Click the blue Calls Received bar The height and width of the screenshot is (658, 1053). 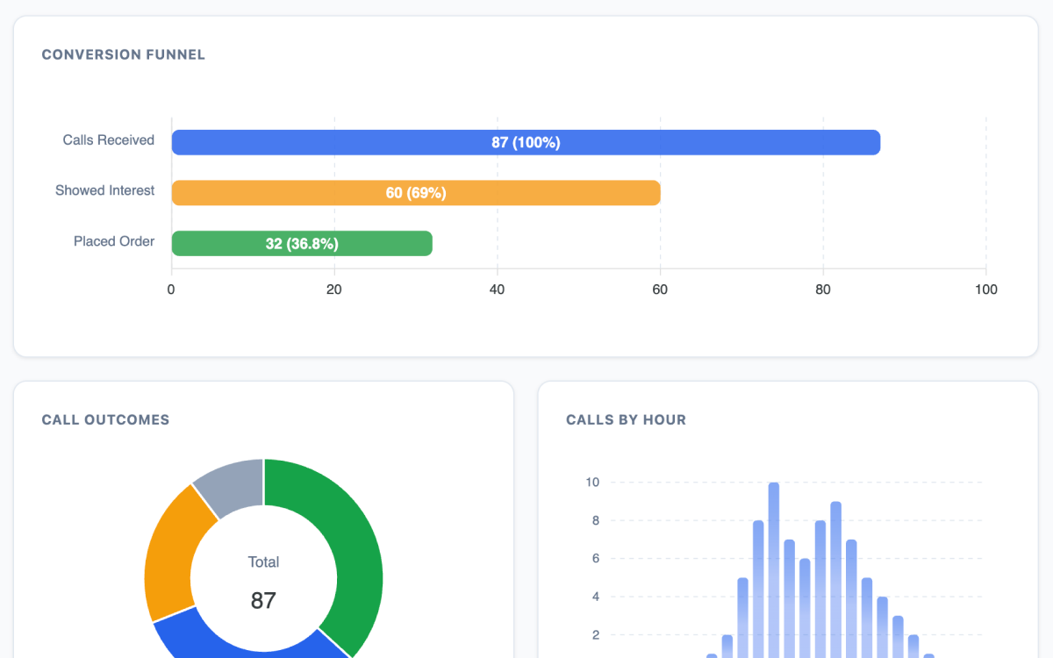point(526,142)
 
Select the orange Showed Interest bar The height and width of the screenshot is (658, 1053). point(416,193)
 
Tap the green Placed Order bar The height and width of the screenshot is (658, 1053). point(302,244)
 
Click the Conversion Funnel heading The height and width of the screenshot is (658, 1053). point(124,54)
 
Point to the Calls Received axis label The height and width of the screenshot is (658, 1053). point(108,140)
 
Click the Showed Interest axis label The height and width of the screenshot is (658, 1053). point(104,190)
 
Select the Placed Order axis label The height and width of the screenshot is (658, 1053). point(114,241)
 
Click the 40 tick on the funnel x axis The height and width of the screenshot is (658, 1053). point(497,290)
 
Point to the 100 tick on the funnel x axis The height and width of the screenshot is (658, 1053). point(985,290)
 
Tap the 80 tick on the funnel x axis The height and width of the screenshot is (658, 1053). point(823,290)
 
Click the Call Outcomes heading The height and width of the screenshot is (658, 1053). point(105,419)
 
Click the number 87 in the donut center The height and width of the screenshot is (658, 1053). point(263,600)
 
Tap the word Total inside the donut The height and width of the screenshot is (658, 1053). point(263,561)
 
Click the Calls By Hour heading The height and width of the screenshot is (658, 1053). point(626,419)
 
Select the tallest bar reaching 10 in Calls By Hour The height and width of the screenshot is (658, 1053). point(773,570)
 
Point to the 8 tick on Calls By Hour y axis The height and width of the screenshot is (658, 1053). point(595,520)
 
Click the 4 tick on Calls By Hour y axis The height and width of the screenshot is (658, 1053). point(595,597)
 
